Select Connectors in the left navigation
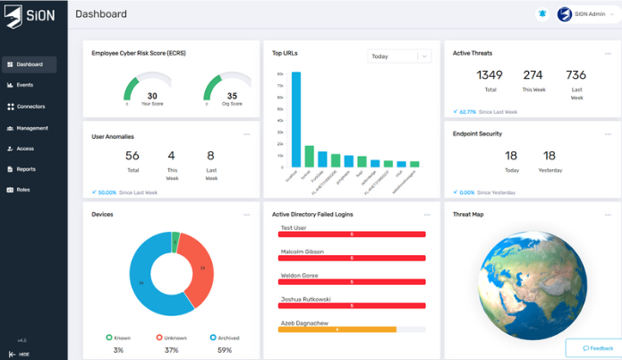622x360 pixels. point(30,107)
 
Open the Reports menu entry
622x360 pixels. point(26,168)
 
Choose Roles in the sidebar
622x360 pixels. point(22,190)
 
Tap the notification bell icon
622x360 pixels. point(541,14)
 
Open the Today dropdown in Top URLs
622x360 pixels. point(399,56)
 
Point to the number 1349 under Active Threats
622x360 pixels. point(490,75)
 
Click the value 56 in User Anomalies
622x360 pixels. point(132,156)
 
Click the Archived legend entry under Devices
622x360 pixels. point(225,338)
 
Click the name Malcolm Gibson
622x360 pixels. point(302,253)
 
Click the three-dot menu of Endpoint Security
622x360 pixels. point(608,134)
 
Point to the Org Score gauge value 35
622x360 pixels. point(232,95)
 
